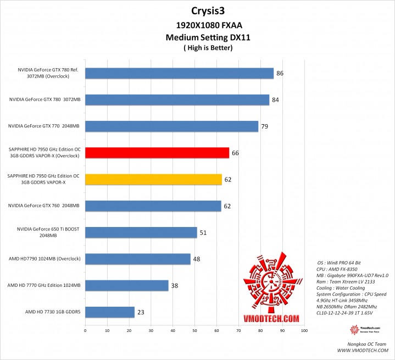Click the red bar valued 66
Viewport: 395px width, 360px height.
pos(157,153)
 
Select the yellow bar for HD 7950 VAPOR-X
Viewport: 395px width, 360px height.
pos(153,179)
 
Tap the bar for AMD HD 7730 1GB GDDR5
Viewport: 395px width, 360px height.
pos(110,312)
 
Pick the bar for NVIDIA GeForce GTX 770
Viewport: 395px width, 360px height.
pos(171,126)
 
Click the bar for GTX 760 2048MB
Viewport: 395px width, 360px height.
pos(153,206)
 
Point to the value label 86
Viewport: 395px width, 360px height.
pos(279,73)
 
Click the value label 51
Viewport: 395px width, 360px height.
pos(203,232)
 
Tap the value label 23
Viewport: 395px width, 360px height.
pos(141,312)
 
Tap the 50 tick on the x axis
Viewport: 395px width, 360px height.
pos(194,331)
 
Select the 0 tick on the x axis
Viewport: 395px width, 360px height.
pos(85,331)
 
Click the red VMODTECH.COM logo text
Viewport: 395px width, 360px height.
pos(272,317)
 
